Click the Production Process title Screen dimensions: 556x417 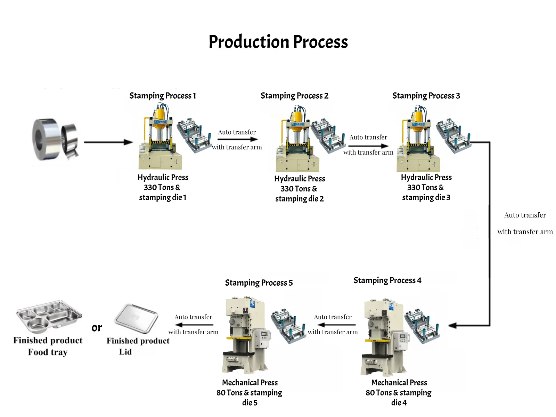(278, 42)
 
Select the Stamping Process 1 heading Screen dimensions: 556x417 (163, 96)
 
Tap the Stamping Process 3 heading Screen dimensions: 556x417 (426, 96)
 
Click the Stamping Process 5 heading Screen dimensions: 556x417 (259, 283)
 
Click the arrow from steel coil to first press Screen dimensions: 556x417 (108, 142)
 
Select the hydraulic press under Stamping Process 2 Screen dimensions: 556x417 (297, 139)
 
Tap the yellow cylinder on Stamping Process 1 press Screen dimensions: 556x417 (160, 115)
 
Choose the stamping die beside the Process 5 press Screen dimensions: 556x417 (288, 326)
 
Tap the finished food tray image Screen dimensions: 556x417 (49, 316)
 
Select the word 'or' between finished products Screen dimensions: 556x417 (97, 327)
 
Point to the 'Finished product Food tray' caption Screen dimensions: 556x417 (48, 346)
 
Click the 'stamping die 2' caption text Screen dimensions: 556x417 (300, 199)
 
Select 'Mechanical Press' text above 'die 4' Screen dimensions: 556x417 (399, 383)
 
